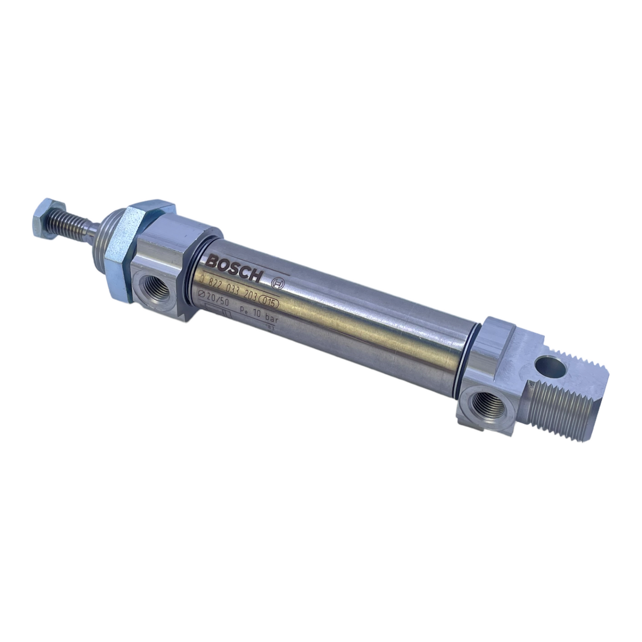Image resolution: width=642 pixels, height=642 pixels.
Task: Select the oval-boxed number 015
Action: (269, 304)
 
